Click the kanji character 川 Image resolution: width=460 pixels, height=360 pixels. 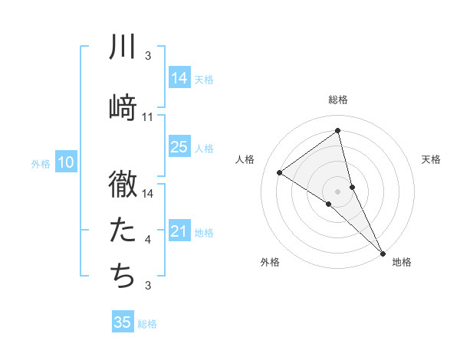pyautogui.click(x=123, y=47)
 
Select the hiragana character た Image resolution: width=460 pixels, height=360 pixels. pyautogui.click(x=123, y=228)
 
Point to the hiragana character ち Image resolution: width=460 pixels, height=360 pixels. pyautogui.click(x=123, y=273)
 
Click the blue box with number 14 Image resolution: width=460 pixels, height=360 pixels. pyautogui.click(x=179, y=78)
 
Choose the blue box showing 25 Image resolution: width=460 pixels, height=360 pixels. pyautogui.click(x=179, y=147)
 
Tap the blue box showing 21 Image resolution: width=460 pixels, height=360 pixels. pyautogui.click(x=179, y=231)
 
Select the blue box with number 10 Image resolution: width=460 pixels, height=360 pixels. pyautogui.click(x=66, y=162)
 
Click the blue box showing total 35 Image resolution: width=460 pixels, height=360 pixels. pyautogui.click(x=123, y=322)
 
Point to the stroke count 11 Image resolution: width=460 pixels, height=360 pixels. pyautogui.click(x=148, y=117)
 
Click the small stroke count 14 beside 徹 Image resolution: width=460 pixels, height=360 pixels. pyautogui.click(x=148, y=194)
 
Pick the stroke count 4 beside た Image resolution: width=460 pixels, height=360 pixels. pyautogui.click(x=148, y=240)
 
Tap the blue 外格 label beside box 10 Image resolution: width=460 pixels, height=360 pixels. pyautogui.click(x=41, y=163)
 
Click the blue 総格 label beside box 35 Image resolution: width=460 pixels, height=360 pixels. pyautogui.click(x=147, y=324)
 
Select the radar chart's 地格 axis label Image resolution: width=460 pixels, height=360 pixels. pyautogui.click(x=402, y=263)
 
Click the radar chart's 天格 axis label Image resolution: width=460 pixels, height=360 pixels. pyautogui.click(x=432, y=159)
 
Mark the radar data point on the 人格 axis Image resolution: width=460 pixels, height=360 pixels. pyautogui.click(x=280, y=172)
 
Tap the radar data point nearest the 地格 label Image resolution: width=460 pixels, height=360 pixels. pyautogui.click(x=383, y=252)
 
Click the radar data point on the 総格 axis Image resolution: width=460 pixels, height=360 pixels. pyautogui.click(x=338, y=131)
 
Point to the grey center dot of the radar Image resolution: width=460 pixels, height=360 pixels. pyautogui.click(x=338, y=191)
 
